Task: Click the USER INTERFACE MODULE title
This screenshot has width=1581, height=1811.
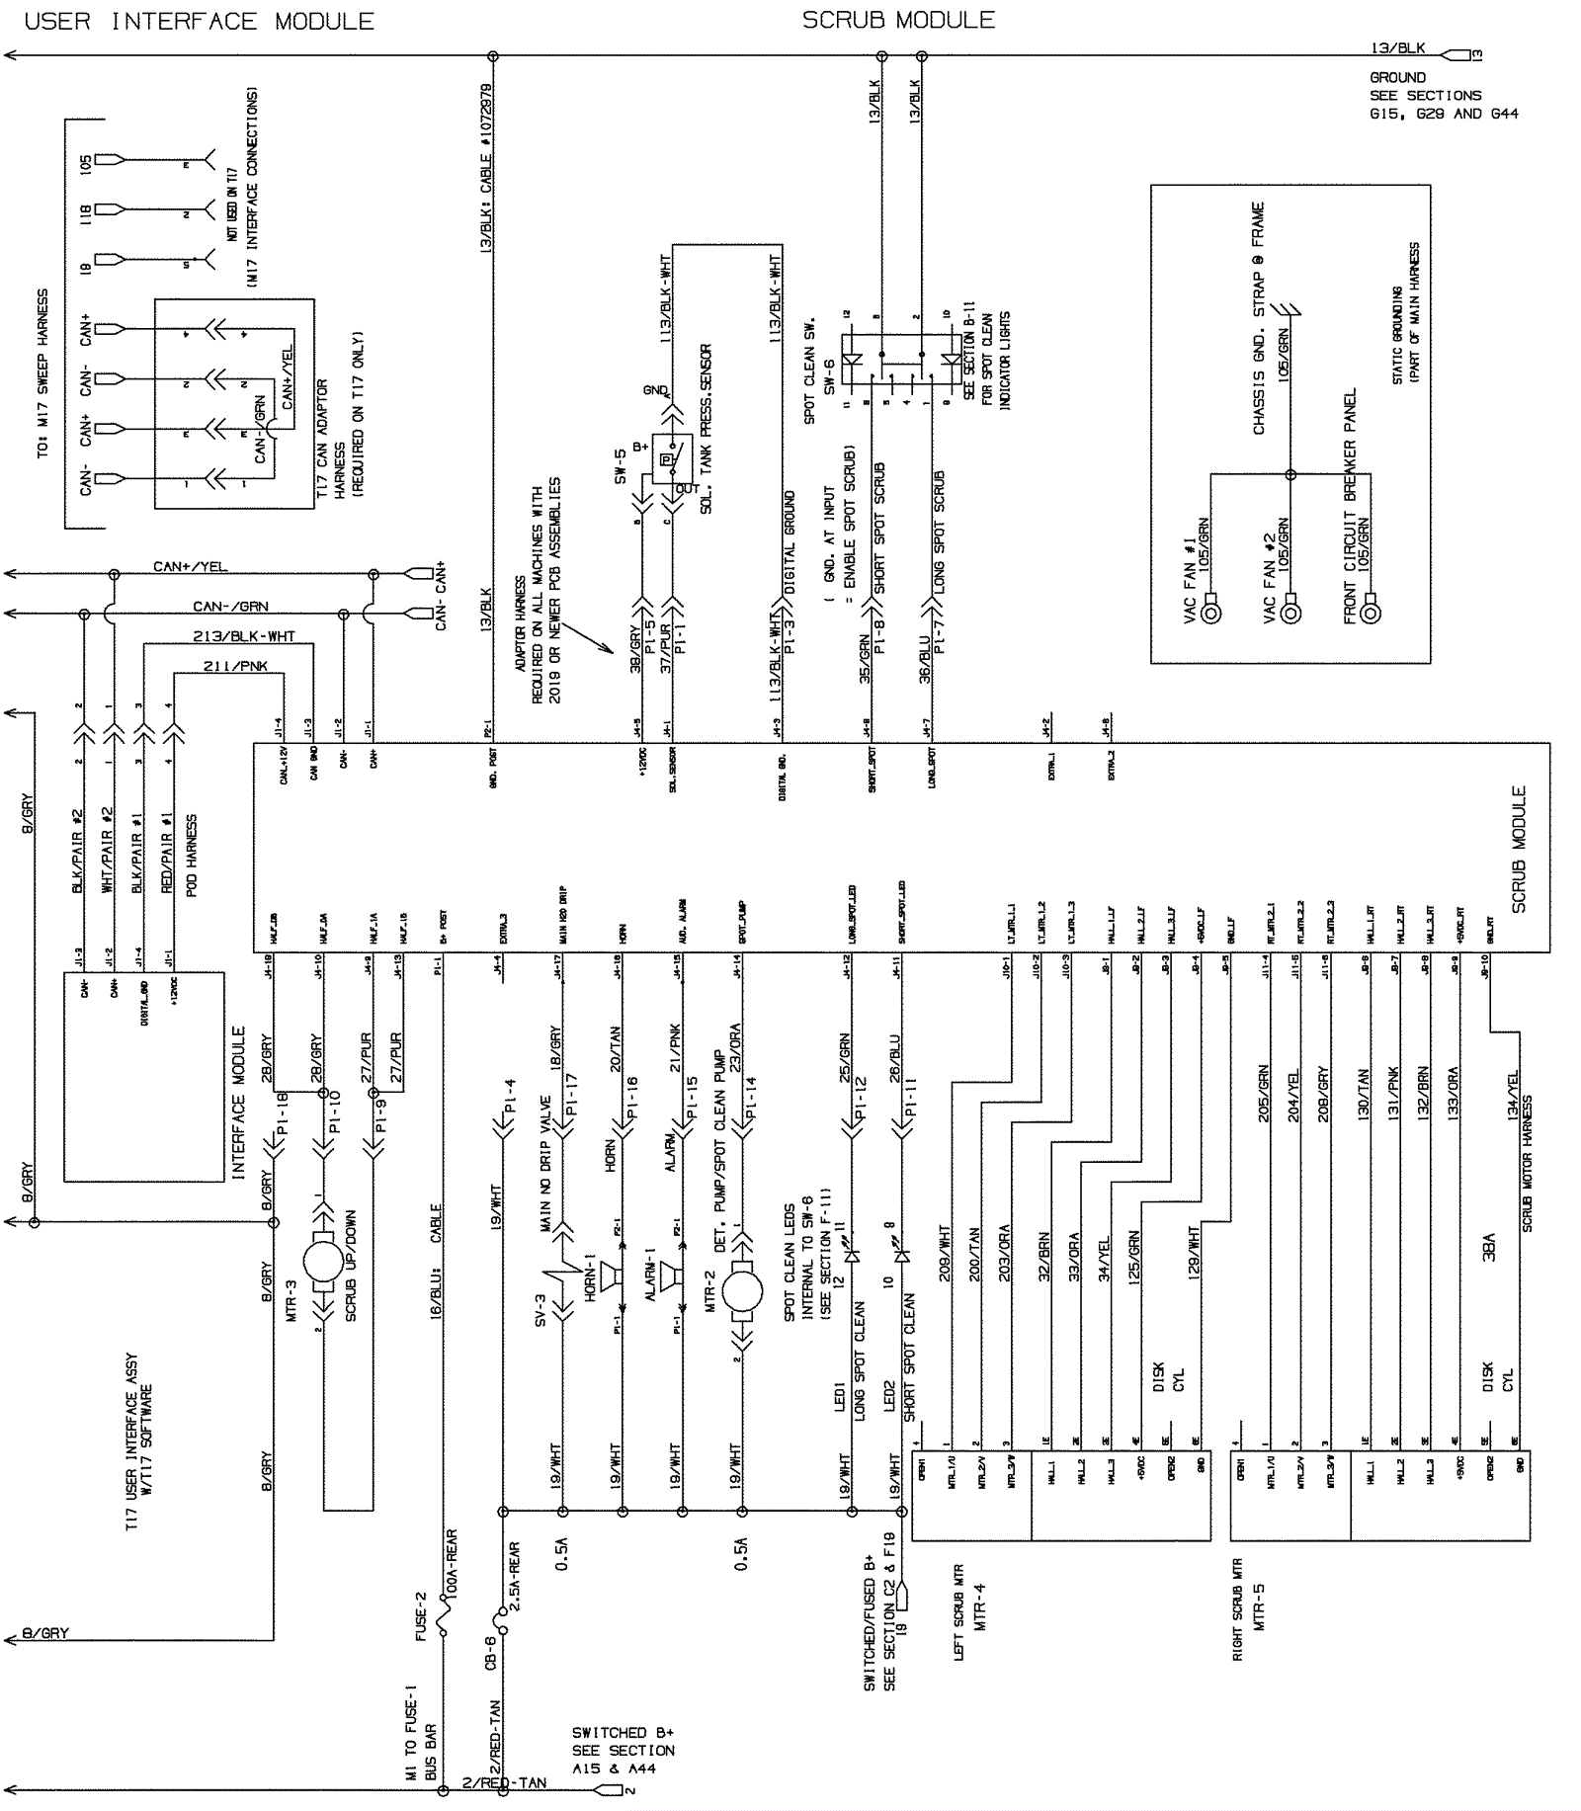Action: point(199,21)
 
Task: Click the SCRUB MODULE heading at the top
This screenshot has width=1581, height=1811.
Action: point(898,20)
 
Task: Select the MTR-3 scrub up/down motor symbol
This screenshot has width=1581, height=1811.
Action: point(322,1261)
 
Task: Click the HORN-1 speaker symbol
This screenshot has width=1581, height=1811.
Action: point(614,1277)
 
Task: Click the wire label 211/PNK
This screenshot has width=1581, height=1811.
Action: point(235,666)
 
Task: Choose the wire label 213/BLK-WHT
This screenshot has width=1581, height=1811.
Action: point(243,636)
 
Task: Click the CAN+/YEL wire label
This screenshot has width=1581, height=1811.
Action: point(190,566)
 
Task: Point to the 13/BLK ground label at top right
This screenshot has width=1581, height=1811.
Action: point(1397,47)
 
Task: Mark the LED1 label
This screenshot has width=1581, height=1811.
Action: point(839,1396)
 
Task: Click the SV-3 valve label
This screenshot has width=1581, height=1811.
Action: point(541,1310)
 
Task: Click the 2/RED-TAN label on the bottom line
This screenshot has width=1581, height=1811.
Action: point(504,1782)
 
